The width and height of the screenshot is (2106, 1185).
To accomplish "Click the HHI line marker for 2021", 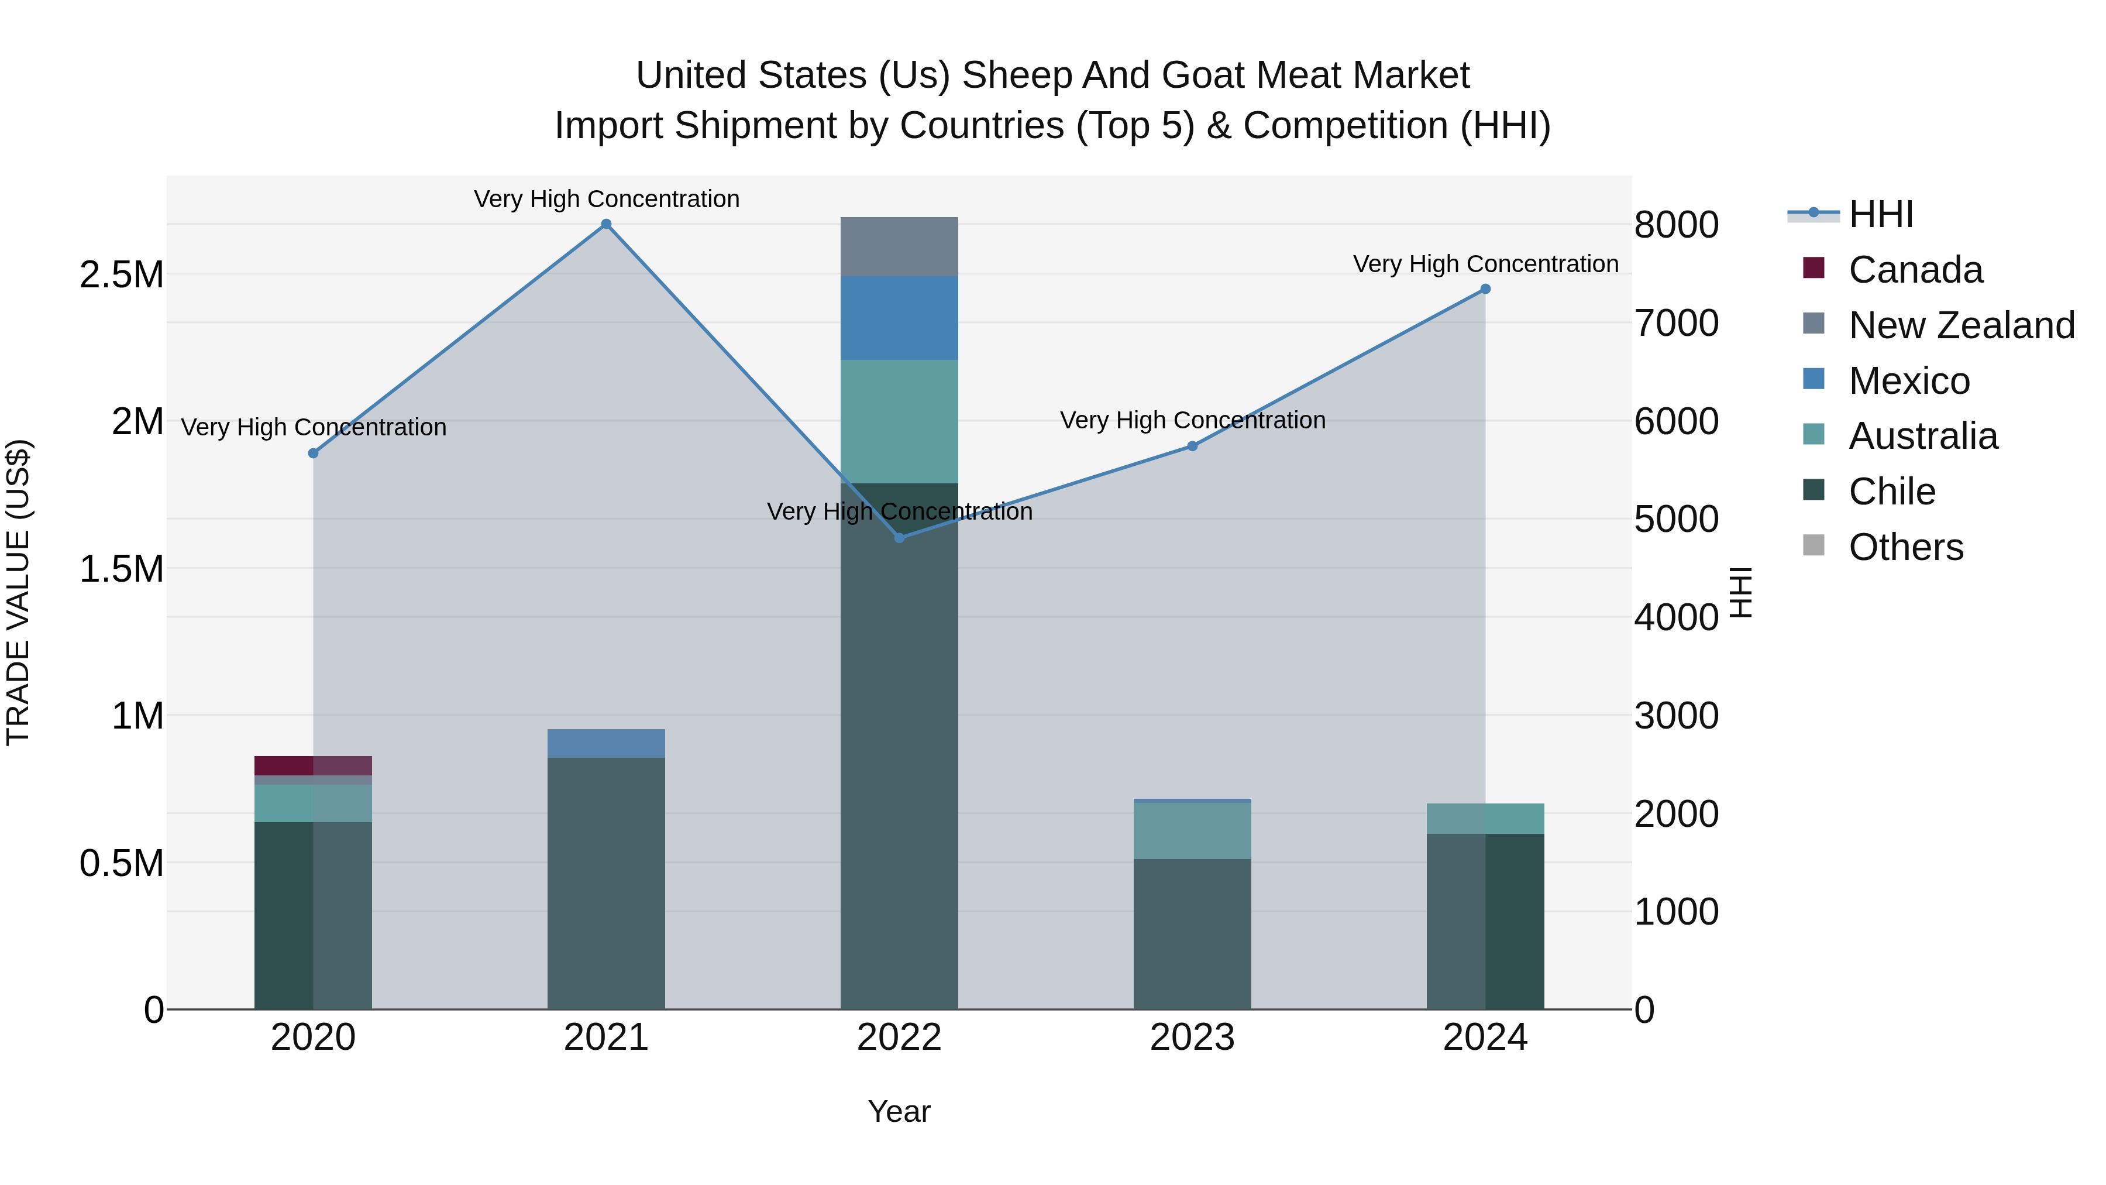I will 606,224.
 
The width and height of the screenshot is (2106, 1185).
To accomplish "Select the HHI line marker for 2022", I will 899,537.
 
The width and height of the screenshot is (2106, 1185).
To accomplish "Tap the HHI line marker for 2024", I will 1485,288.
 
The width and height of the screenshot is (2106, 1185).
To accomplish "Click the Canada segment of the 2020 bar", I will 313,765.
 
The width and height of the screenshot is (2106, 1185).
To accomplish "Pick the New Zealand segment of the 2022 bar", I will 899,246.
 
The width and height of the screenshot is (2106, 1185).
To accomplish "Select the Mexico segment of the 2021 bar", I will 606,743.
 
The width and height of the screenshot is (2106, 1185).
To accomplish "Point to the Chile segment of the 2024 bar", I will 1485,921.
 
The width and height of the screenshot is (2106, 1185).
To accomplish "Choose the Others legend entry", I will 1905,547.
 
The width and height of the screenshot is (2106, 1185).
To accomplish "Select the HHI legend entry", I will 1880,214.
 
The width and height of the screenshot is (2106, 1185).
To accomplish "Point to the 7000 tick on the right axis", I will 1676,323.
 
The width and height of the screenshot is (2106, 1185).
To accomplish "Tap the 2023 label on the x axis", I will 1192,1037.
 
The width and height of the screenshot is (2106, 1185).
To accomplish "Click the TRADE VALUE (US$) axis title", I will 18,592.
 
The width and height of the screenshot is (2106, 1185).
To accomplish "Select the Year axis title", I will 899,1111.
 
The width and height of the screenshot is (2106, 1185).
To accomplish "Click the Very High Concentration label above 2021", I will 606,199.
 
